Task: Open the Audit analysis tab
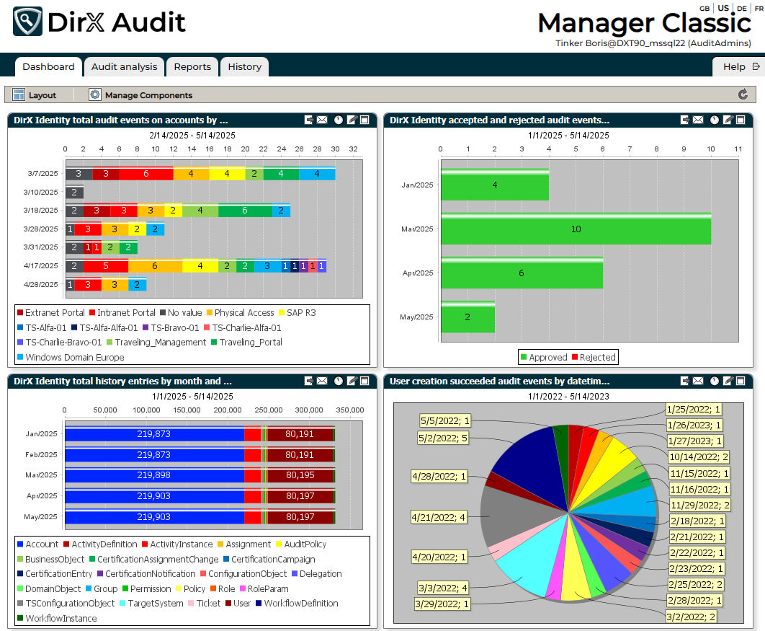pos(124,67)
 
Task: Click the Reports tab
pos(192,67)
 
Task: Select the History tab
pos(244,67)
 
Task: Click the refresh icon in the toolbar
pos(743,94)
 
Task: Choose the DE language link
pos(741,9)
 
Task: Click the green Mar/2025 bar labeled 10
pos(576,229)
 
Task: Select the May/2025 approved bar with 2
pos(467,317)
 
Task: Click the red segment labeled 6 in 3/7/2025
pos(146,174)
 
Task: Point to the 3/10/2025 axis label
pos(40,193)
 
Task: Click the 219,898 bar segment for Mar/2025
pos(155,476)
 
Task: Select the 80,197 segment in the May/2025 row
pos(300,517)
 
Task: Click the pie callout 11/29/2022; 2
pos(699,505)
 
